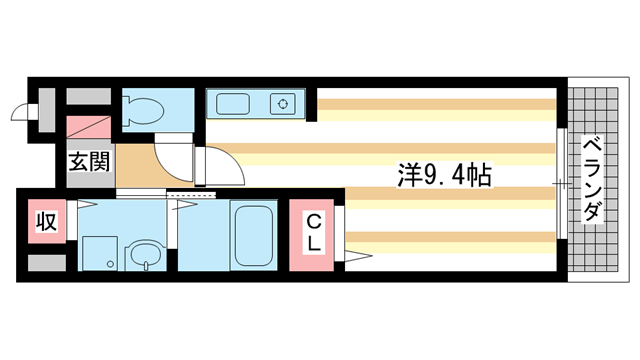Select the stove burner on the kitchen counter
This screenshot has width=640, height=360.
[285, 103]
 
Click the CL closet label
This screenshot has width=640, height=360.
[312, 232]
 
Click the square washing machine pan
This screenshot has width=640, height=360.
[99, 251]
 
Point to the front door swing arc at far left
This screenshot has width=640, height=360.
[22, 113]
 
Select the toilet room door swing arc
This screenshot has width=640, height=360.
[170, 155]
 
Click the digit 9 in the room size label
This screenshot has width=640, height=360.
[432, 177]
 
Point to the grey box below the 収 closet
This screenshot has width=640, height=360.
[45, 263]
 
